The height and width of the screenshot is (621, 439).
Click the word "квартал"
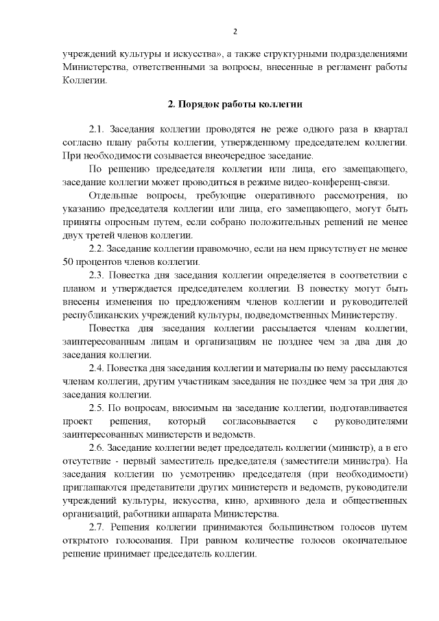click(388, 130)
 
